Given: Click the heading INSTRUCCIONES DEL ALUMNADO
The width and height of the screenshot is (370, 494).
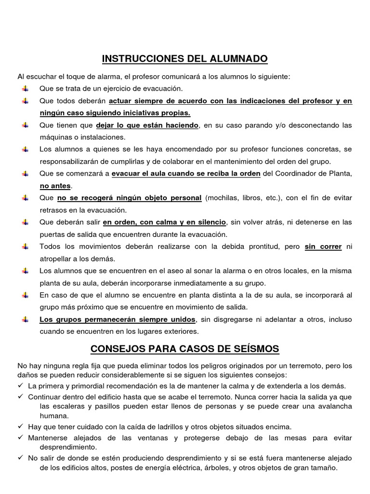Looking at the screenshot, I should tap(185, 59).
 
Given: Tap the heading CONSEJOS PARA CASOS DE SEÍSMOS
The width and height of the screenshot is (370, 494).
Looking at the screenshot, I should tap(185, 348).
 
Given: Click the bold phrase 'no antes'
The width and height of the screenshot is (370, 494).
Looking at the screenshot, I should tap(55, 186).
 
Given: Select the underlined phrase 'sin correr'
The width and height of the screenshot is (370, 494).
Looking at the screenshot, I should tap(323, 247).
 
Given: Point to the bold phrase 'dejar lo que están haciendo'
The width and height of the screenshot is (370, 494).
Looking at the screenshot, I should tap(147, 125).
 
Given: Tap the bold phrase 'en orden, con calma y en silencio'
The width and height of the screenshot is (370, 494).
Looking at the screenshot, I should tap(164, 222).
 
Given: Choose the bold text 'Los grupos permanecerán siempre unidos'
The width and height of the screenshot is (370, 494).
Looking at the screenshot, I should tap(118, 319).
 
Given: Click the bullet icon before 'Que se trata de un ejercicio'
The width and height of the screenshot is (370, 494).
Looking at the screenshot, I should tap(25, 89).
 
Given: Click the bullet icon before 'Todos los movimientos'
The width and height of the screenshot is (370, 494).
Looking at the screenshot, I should tap(25, 247).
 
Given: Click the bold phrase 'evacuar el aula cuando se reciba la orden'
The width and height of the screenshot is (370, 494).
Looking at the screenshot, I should tap(186, 174).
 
